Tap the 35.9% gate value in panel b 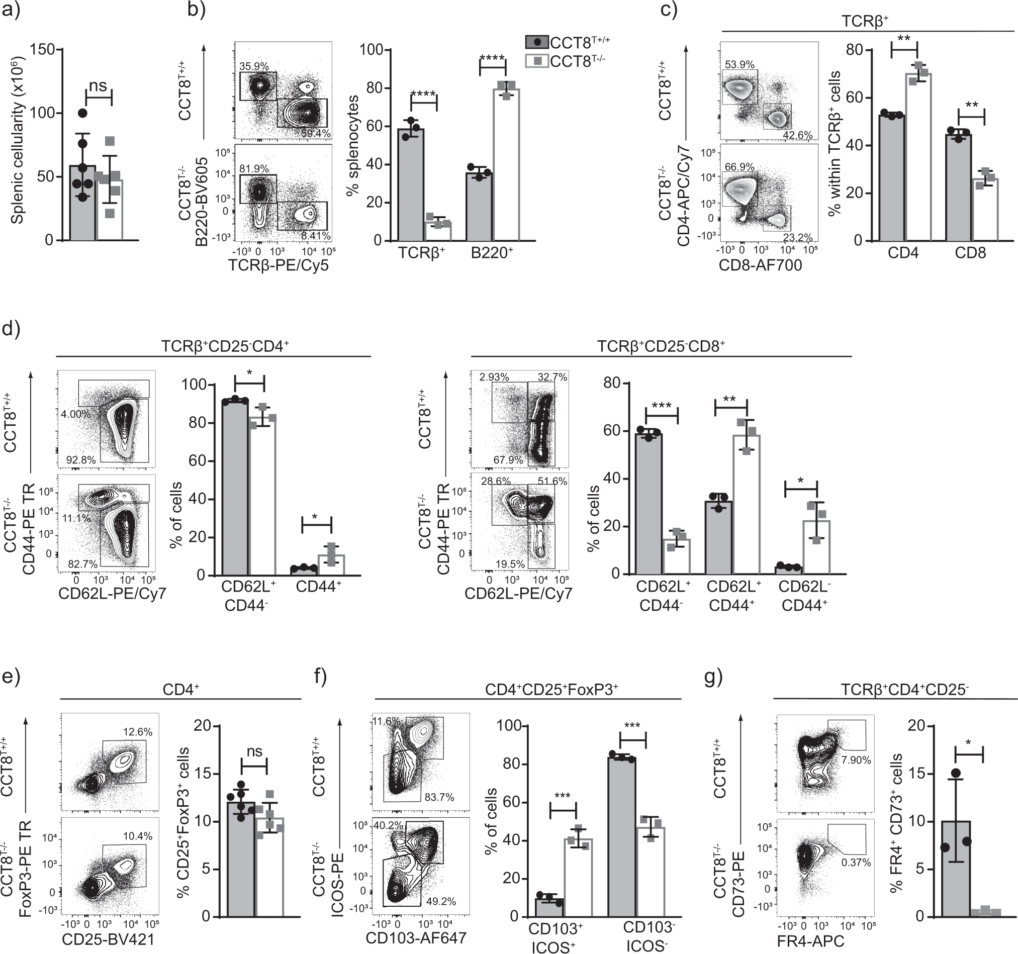[x=254, y=66]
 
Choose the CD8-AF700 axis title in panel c [x=761, y=265]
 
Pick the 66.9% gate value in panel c [x=740, y=167]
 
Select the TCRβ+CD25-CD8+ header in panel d [x=661, y=347]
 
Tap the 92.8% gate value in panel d [x=81, y=460]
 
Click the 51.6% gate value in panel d [x=552, y=481]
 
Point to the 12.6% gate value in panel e [x=138, y=732]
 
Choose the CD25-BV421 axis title [x=108, y=939]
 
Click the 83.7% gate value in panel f [x=439, y=797]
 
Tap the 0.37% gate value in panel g [x=856, y=863]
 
